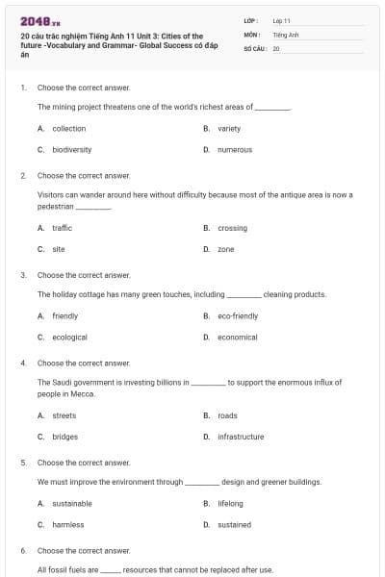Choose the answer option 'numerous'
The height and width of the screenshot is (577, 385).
(x=234, y=150)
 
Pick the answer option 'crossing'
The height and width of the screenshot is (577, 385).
(x=232, y=228)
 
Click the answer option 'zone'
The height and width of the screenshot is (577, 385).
(x=225, y=249)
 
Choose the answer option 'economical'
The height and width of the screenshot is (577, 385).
(x=237, y=338)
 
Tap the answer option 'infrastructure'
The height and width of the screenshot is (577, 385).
(x=240, y=437)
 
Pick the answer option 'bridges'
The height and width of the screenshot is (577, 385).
(x=64, y=437)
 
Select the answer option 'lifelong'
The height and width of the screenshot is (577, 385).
(x=230, y=503)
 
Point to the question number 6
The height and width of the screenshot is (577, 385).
(x=22, y=550)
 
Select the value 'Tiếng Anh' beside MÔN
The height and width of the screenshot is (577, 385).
(x=286, y=34)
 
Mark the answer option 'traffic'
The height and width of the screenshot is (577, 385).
(x=62, y=228)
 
